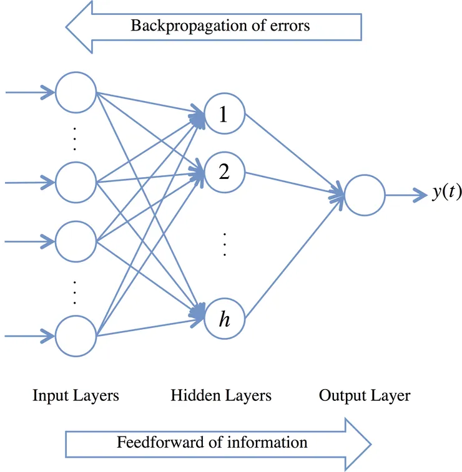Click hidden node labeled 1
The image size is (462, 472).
click(x=225, y=113)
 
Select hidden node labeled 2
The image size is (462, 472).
click(x=225, y=173)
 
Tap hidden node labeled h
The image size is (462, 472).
click(x=225, y=319)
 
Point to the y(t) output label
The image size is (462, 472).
click(x=446, y=192)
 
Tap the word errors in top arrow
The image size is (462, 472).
click(x=290, y=26)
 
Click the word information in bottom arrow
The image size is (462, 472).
click(x=267, y=442)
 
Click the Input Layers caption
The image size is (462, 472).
click(x=76, y=395)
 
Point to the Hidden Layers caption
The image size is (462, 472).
click(x=221, y=395)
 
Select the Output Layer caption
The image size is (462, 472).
click(x=365, y=395)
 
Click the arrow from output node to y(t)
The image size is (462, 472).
click(x=406, y=195)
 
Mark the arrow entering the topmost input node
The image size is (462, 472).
click(x=30, y=92)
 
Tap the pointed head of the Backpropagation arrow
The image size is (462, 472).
click(x=67, y=27)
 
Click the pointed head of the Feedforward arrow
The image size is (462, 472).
click(x=370, y=445)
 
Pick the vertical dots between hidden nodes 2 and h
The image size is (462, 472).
click(x=225, y=244)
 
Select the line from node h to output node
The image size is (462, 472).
click(x=294, y=257)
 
